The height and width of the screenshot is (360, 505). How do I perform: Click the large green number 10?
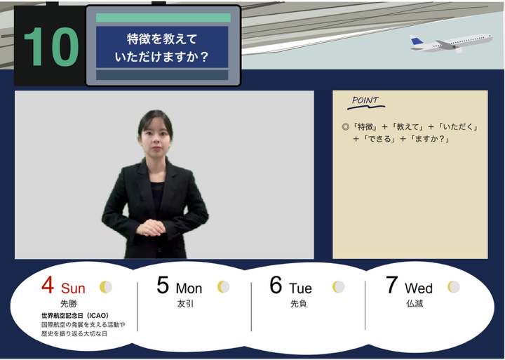51,47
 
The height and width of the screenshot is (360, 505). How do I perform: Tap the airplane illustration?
451,44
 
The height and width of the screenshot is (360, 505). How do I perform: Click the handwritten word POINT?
365,100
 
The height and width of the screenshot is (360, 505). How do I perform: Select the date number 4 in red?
48,285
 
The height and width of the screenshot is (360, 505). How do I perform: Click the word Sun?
73,288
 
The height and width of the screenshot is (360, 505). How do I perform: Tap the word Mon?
189,288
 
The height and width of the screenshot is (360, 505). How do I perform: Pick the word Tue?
300,288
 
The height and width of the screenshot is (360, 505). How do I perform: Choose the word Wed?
418,288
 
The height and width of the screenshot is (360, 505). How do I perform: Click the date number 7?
391,285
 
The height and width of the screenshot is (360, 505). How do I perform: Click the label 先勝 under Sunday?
69,304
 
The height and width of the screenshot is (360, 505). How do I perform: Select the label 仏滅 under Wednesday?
415,304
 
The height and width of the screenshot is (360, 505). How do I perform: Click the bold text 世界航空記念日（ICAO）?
75,316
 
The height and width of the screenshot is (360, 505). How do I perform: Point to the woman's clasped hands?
150,227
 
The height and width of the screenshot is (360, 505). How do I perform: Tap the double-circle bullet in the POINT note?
346,126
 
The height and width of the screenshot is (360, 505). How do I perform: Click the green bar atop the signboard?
163,18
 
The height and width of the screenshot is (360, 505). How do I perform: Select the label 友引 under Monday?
185,304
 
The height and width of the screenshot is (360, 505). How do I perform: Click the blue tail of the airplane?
417,41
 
